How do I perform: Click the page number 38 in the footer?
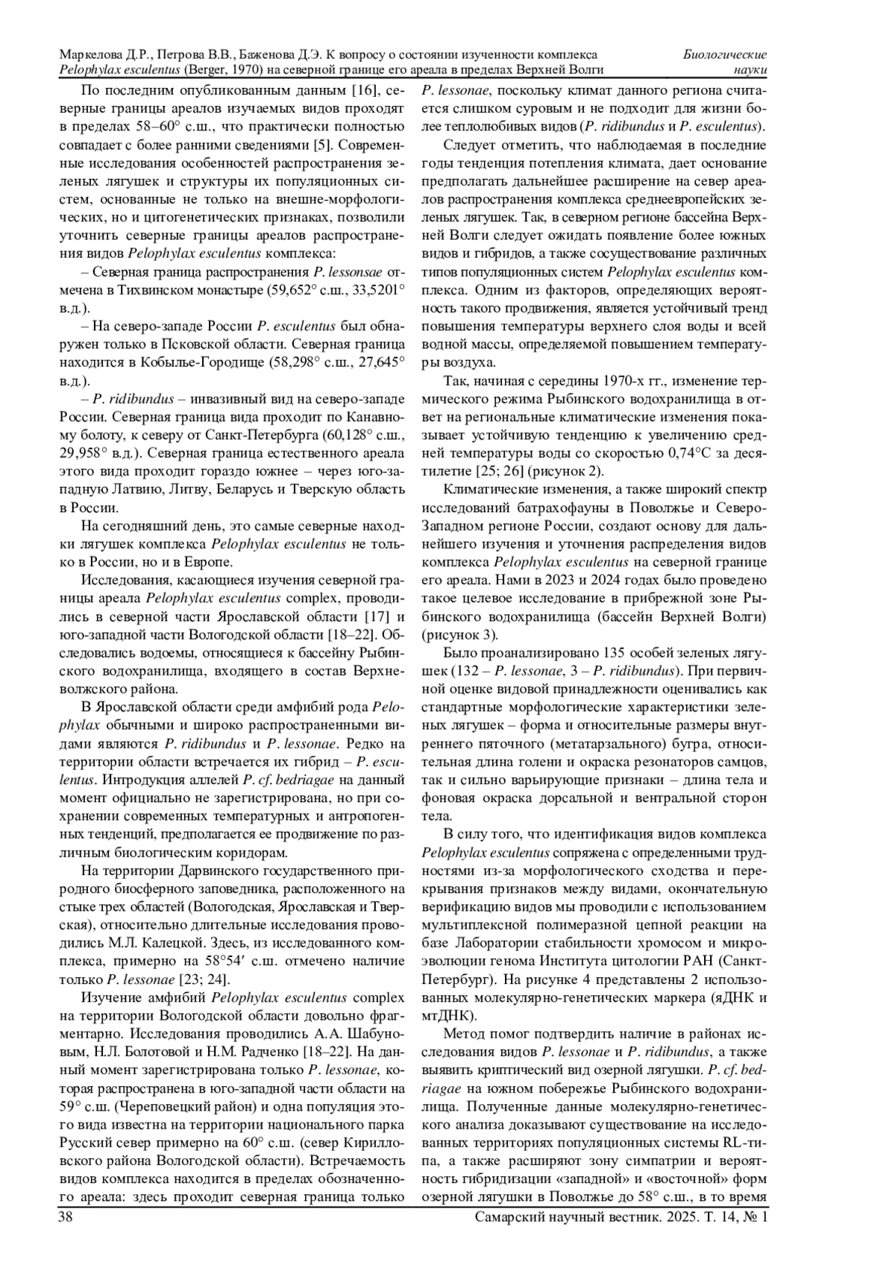[x=66, y=1217]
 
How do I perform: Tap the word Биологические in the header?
[x=725, y=55]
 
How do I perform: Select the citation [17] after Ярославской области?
[x=374, y=617]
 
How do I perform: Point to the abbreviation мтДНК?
[x=446, y=1015]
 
